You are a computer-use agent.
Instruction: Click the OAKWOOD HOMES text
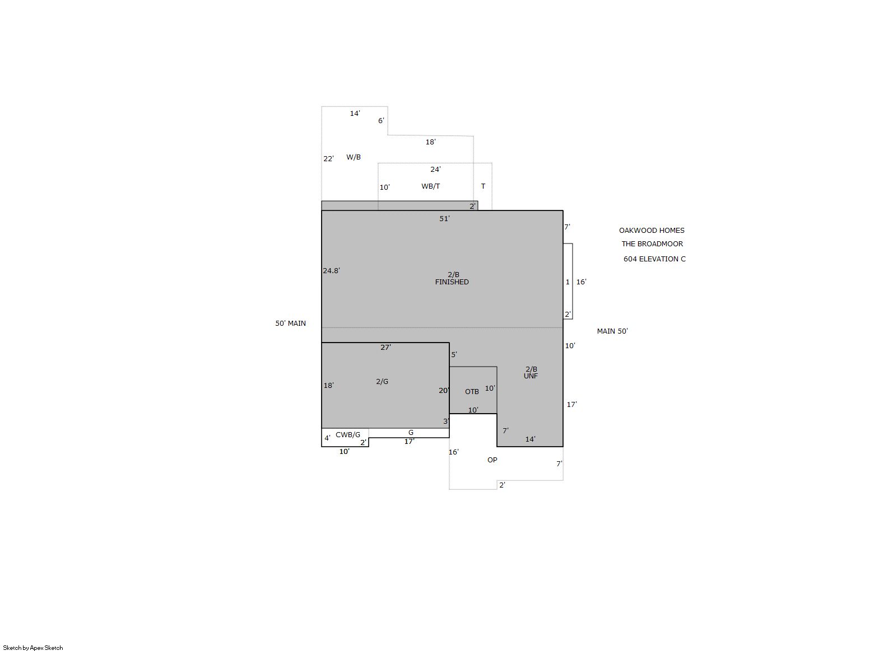(x=652, y=231)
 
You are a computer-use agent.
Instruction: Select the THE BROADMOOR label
(x=652, y=244)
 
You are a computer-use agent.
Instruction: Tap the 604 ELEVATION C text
(x=654, y=259)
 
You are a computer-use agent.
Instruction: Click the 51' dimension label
(x=444, y=218)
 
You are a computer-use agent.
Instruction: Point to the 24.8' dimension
(x=332, y=271)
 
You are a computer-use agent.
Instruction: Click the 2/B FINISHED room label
(x=452, y=278)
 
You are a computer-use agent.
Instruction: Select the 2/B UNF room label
(x=531, y=373)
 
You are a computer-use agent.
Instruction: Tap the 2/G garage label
(x=382, y=382)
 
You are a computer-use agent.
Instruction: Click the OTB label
(x=472, y=392)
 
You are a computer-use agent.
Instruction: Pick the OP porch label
(x=492, y=460)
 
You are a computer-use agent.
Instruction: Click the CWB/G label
(x=348, y=435)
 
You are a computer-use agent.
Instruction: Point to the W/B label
(x=353, y=157)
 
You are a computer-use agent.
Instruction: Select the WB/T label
(x=430, y=186)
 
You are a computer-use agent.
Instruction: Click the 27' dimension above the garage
(x=385, y=347)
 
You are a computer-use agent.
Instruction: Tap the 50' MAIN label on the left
(x=291, y=324)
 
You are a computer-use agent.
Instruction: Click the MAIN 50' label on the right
(x=612, y=331)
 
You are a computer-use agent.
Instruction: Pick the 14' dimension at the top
(x=355, y=114)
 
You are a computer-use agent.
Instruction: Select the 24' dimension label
(x=435, y=170)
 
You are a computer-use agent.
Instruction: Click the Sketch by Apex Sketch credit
(x=33, y=648)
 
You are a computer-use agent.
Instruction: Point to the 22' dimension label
(x=329, y=159)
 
